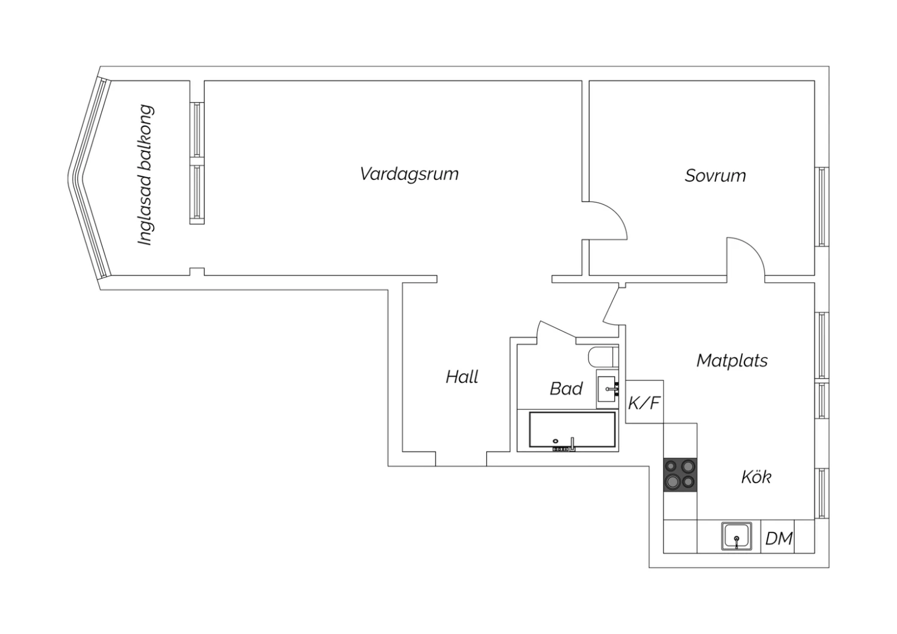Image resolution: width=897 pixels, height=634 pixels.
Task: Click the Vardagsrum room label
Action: coord(409,174)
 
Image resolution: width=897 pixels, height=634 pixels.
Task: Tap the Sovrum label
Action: coord(715,176)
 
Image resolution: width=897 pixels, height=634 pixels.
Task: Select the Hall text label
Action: coord(462,377)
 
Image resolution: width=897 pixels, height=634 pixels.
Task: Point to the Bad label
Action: coord(566,389)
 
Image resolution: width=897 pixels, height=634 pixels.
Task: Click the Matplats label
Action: coord(732,361)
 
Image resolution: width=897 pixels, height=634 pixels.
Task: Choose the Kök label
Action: coord(756,477)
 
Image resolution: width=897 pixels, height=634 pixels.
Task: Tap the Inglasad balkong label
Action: coord(145,175)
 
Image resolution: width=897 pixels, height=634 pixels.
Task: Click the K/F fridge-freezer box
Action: coord(644,403)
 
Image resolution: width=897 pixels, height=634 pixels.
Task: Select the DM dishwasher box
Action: coord(779,538)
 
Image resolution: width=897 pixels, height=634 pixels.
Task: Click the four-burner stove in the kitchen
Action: coord(681,474)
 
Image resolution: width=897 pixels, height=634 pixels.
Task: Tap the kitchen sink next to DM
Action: coord(737,536)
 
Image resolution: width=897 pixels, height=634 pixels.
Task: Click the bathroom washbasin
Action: coord(608,389)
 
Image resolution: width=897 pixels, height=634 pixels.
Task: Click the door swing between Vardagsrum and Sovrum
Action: coord(607,221)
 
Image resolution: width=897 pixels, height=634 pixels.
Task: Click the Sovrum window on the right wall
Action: coord(822,207)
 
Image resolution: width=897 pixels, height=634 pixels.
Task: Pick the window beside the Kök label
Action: coord(822,493)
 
